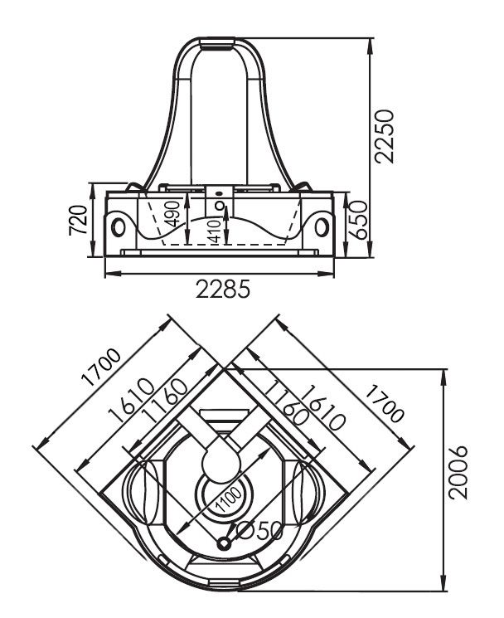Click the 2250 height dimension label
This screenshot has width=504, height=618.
point(385,136)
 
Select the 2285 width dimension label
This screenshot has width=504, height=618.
point(223,290)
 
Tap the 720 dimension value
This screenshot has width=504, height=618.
point(78,221)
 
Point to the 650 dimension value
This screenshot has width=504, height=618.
point(358,220)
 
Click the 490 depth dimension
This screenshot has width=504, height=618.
point(173,214)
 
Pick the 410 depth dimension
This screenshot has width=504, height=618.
point(215,231)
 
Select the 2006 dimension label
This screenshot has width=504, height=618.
point(458,473)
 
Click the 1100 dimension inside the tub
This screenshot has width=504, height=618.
point(229,499)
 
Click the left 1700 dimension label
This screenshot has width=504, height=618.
point(101,367)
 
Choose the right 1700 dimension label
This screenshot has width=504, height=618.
point(385,404)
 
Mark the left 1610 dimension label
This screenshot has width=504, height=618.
point(131,400)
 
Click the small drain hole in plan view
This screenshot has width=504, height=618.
point(225,544)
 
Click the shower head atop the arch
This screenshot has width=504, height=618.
point(218,43)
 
